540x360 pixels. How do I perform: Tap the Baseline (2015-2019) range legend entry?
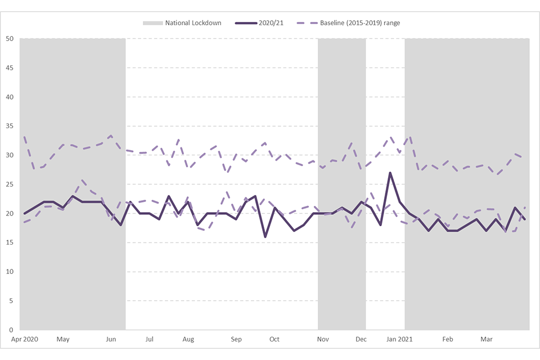[359, 23]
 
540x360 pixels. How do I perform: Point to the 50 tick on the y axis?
[10, 39]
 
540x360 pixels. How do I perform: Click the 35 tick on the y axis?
[10, 126]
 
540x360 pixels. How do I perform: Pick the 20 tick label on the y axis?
[10, 213]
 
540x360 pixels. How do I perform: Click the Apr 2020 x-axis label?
[24, 339]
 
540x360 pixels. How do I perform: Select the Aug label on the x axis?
[188, 339]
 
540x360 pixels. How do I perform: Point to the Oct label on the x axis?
[274, 339]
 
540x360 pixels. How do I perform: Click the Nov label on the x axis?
[323, 339]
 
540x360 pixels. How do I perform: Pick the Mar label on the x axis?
[487, 339]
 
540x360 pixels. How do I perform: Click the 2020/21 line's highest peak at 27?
[390, 173]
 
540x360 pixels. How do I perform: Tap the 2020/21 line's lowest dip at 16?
[265, 237]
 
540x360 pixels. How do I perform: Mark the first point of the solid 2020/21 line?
[25, 213]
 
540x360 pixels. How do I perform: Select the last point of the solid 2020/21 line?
[525, 219]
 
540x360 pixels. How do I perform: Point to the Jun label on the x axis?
[111, 339]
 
